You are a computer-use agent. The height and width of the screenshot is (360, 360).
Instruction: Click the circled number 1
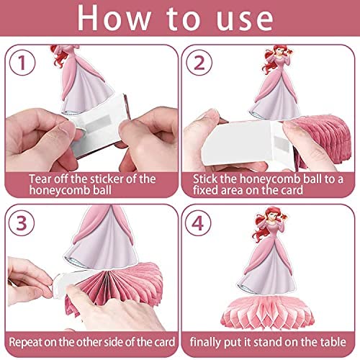click(22, 63)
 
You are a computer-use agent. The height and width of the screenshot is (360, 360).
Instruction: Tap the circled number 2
click(199, 63)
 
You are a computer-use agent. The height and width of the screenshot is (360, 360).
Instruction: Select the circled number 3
click(22, 223)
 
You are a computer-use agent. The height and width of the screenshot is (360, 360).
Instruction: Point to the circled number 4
click(198, 223)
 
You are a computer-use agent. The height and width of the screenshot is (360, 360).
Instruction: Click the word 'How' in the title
click(114, 18)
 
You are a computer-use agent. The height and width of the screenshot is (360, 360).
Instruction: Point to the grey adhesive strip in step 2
click(282, 145)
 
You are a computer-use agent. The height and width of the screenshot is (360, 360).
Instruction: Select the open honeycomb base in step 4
click(268, 312)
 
